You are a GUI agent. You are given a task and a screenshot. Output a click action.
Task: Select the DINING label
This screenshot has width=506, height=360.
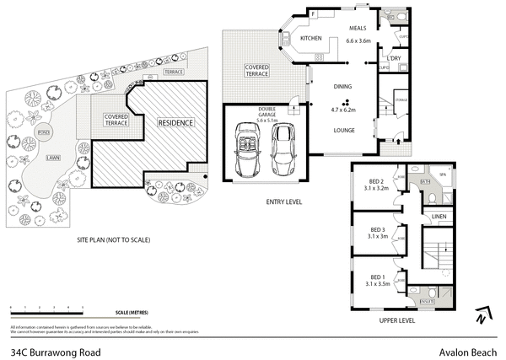pyautogui.click(x=342, y=86)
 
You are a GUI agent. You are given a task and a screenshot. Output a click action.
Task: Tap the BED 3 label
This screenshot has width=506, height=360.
pyautogui.click(x=378, y=229)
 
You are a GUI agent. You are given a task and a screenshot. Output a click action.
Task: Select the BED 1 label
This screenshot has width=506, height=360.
pyautogui.click(x=378, y=276)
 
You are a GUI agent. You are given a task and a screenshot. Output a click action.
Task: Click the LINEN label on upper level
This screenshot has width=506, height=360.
pyautogui.click(x=439, y=217)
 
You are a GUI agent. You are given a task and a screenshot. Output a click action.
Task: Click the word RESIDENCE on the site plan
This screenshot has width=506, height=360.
pyautogui.click(x=175, y=123)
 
